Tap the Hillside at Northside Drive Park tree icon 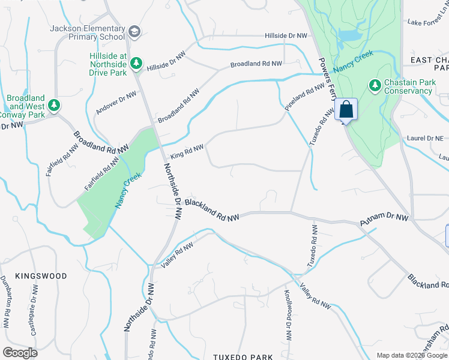pyautogui.click(x=136, y=62)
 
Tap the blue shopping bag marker pyautogui.click(x=346, y=110)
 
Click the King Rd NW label pyautogui.click(x=187, y=151)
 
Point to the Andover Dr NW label pyautogui.click(x=115, y=103)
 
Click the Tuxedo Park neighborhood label pyautogui.click(x=243, y=357)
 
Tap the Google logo pyautogui.click(x=20, y=353)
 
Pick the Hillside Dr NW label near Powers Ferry pyautogui.click(x=286, y=36)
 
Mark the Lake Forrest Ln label pyautogui.click(x=427, y=22)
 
